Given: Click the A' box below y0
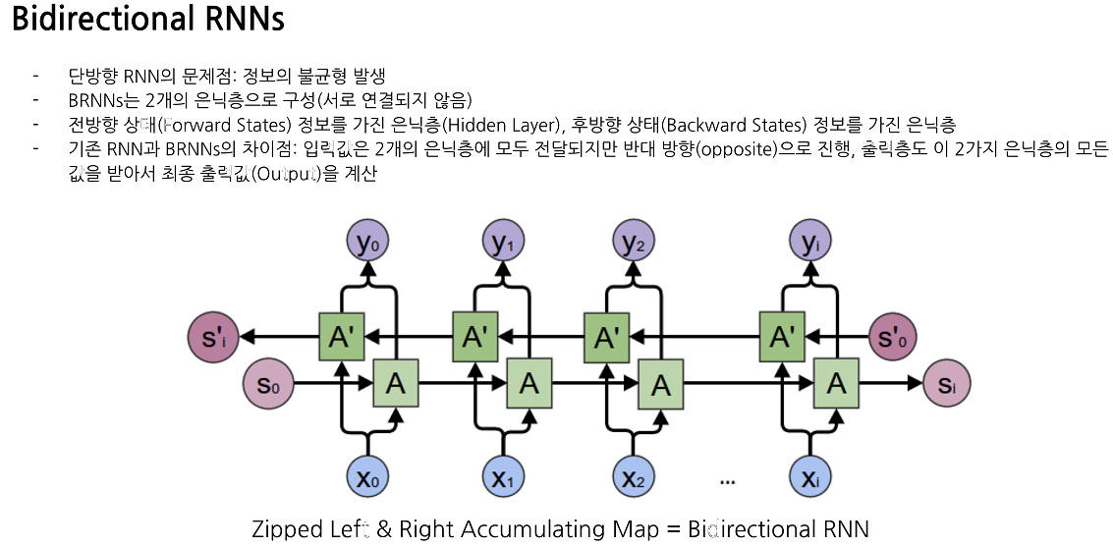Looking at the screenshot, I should (341, 338).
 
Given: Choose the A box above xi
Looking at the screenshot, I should (837, 384).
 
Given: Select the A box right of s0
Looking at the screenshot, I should (396, 384).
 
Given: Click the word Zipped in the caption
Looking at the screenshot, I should (286, 529).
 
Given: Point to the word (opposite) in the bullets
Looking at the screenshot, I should (736, 148).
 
